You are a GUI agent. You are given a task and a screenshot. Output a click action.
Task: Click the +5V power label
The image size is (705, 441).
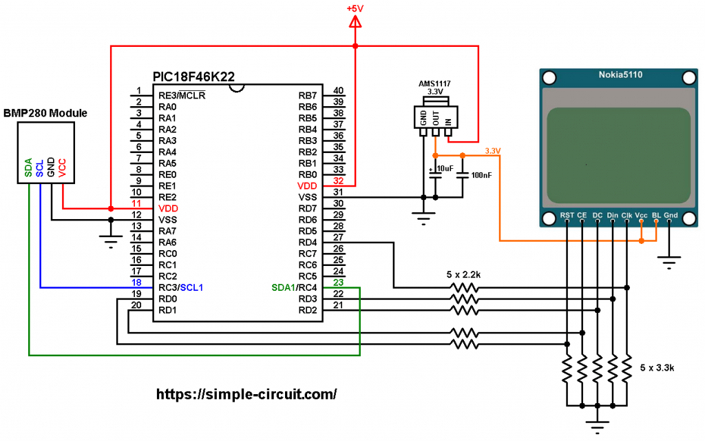(355, 8)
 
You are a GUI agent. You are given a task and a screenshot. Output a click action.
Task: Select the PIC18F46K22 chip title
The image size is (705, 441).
(193, 76)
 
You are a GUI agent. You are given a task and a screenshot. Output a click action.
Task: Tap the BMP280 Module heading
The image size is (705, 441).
(45, 113)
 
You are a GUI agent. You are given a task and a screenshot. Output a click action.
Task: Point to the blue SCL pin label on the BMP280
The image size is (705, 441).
(39, 168)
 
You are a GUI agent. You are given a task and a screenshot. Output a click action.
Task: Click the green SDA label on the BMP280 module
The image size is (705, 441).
(28, 167)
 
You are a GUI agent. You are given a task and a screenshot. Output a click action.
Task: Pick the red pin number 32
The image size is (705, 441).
(338, 181)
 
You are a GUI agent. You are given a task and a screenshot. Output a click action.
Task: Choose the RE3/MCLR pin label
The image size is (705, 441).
(182, 95)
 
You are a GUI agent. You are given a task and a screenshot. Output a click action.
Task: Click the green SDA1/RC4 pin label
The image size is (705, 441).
(294, 287)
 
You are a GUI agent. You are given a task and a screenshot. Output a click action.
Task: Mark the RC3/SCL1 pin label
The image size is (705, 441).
(181, 287)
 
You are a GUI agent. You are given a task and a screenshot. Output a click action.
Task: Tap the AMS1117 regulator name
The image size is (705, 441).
(434, 83)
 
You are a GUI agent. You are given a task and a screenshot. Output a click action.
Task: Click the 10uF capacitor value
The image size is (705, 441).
(445, 168)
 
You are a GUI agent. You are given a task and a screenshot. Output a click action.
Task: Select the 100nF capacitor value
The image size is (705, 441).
(481, 175)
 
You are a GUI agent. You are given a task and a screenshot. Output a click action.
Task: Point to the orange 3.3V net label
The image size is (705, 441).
(493, 151)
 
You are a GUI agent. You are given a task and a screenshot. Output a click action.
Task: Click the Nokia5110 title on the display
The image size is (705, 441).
(620, 74)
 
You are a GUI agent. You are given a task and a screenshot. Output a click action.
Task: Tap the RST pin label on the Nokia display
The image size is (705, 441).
(567, 215)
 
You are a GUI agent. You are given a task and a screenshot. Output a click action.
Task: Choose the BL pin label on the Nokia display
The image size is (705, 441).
(656, 215)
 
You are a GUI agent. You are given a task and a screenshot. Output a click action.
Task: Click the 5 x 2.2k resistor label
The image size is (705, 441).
(463, 274)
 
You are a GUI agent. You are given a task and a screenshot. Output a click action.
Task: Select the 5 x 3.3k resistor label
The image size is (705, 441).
(657, 368)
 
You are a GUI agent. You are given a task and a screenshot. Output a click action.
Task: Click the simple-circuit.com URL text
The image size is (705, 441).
(246, 394)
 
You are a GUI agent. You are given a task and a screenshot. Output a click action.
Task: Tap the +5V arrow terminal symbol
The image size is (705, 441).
(355, 21)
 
